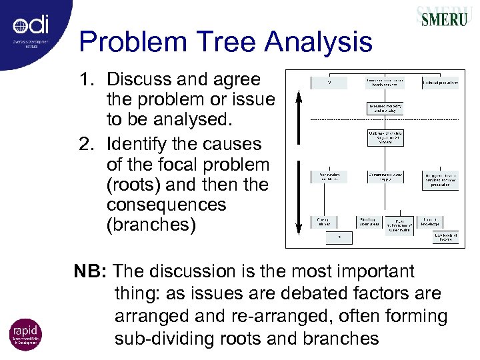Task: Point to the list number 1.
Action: [87, 79]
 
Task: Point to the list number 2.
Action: [87, 143]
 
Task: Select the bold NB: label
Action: [91, 272]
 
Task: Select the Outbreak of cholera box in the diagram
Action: [387, 139]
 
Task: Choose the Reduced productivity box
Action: [441, 83]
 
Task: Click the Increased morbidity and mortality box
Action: [387, 107]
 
